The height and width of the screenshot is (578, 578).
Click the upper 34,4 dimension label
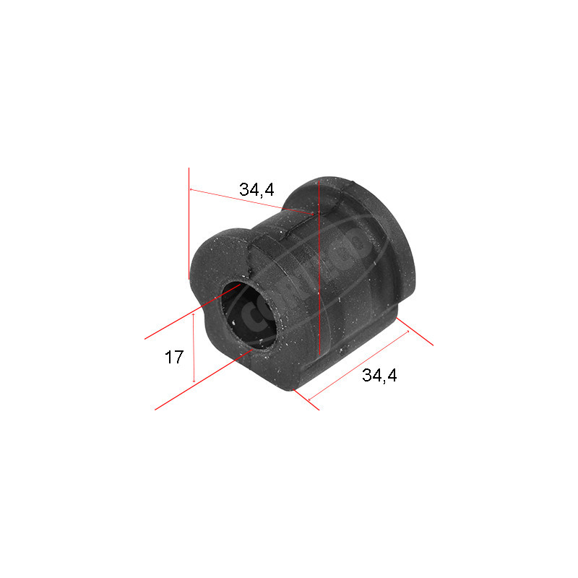256,190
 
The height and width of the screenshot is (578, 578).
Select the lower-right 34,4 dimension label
380,376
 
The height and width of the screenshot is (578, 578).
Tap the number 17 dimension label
173,357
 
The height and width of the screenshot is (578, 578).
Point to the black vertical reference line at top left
189,224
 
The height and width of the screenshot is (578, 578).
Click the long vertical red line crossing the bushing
319,289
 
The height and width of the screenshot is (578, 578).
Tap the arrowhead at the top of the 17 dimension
194,315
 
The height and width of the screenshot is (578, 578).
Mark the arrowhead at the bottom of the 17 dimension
194,381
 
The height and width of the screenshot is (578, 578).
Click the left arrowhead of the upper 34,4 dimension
191,190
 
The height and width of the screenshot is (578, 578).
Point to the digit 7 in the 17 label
178,357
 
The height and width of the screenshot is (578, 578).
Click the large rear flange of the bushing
376,238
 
